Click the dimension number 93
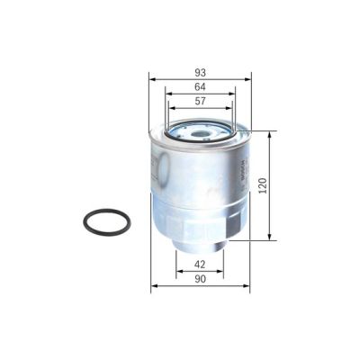coord(199,71)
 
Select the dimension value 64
coord(199,85)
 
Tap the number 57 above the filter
coord(199,101)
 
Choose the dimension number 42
coord(199,265)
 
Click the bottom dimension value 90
coord(199,280)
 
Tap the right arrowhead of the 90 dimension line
coord(247,286)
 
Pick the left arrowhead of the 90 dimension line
coord(152,286)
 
